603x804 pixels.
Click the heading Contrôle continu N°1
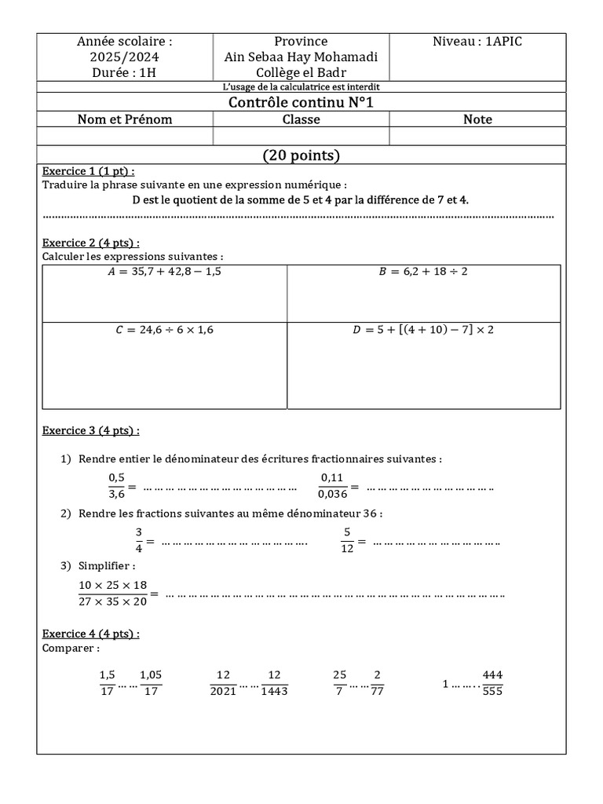(x=301, y=103)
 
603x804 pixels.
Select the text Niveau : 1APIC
(x=477, y=42)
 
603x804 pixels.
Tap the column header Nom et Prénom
(x=125, y=119)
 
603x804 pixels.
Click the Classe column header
(x=301, y=119)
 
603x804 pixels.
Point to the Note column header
(x=477, y=119)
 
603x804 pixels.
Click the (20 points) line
(x=301, y=155)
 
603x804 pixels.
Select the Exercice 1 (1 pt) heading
(x=88, y=171)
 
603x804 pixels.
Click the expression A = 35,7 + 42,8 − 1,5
(x=164, y=272)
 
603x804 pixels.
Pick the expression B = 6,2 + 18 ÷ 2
(x=423, y=272)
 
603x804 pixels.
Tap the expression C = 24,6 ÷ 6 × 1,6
(x=164, y=330)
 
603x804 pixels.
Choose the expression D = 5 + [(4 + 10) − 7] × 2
(x=423, y=330)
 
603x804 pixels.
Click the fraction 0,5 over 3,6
(x=116, y=486)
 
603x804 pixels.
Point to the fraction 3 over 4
(x=139, y=541)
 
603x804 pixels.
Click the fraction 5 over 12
(x=346, y=541)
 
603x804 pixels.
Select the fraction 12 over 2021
(x=223, y=683)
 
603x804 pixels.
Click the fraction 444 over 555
(x=492, y=683)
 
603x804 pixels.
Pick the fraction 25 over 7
(x=339, y=683)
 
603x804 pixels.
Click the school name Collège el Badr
(x=301, y=72)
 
